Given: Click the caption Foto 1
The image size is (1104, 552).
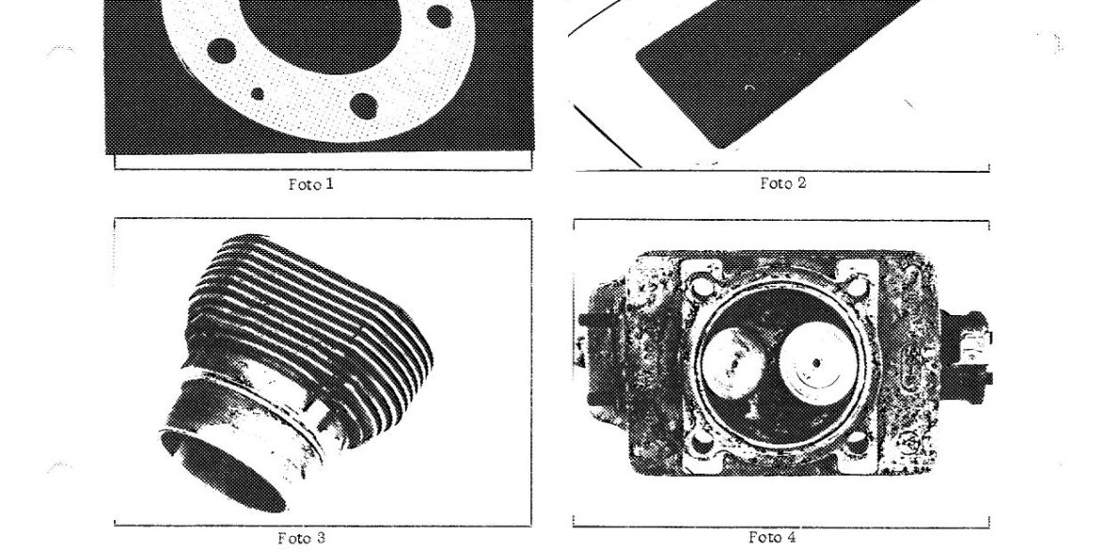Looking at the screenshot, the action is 310,184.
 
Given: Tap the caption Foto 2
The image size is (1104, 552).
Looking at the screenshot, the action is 783,183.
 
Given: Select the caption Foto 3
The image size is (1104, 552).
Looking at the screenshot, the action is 301,539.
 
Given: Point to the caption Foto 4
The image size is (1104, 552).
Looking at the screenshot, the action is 773,537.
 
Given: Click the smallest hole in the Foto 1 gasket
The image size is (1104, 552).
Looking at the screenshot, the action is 258,93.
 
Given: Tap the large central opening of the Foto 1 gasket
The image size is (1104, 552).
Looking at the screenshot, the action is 321,32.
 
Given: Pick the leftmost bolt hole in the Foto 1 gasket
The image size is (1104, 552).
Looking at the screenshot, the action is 222,51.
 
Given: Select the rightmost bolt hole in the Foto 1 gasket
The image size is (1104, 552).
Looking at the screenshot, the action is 440,16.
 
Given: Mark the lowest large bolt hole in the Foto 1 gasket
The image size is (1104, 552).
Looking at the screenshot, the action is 363,106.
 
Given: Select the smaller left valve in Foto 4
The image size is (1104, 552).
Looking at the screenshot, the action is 734,365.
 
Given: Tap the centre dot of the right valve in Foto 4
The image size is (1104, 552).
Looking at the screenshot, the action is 817,363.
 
